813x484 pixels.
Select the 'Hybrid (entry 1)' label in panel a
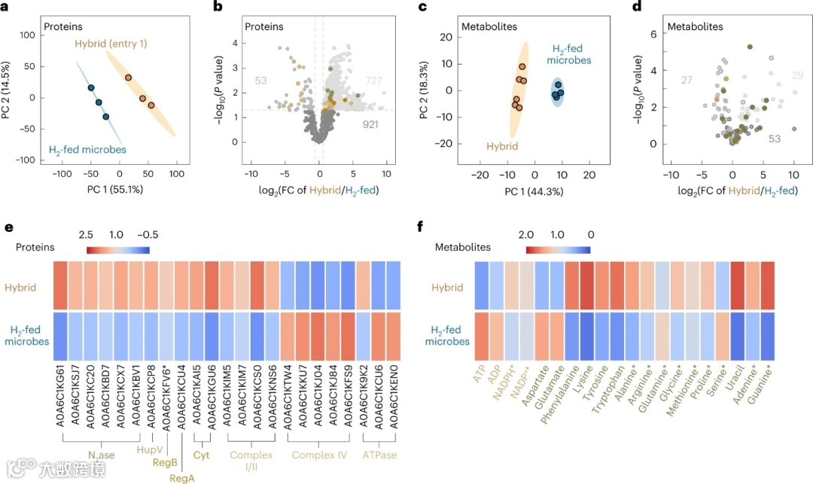tap(111, 44)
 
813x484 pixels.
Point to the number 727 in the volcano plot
tap(373, 81)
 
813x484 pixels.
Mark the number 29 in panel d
tap(798, 75)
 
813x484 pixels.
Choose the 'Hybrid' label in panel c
tap(501, 148)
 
